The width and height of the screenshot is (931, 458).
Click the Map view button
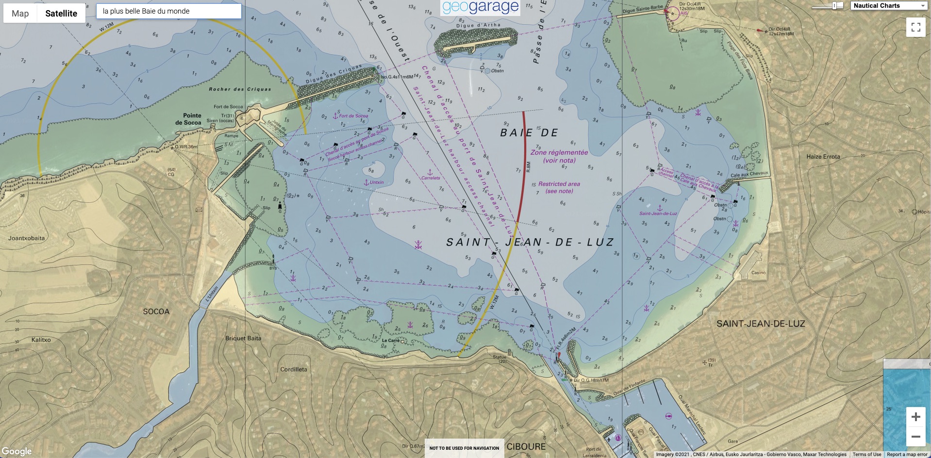[20, 14]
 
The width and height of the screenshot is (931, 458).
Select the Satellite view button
[61, 14]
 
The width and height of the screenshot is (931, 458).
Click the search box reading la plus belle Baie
[168, 11]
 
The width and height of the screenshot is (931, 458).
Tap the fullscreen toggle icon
[915, 27]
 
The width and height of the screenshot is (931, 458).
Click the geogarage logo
[481, 7]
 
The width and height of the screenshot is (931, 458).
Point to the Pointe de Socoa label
[189, 119]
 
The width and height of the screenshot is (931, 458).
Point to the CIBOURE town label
[526, 446]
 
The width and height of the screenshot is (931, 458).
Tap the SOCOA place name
[156, 311]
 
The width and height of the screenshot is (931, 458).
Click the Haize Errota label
[823, 157]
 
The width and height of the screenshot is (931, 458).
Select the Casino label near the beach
[758, 273]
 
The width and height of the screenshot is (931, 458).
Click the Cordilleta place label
[294, 369]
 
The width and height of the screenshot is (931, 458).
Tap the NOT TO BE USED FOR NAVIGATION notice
[464, 448]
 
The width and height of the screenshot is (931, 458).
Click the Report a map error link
[907, 455]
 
